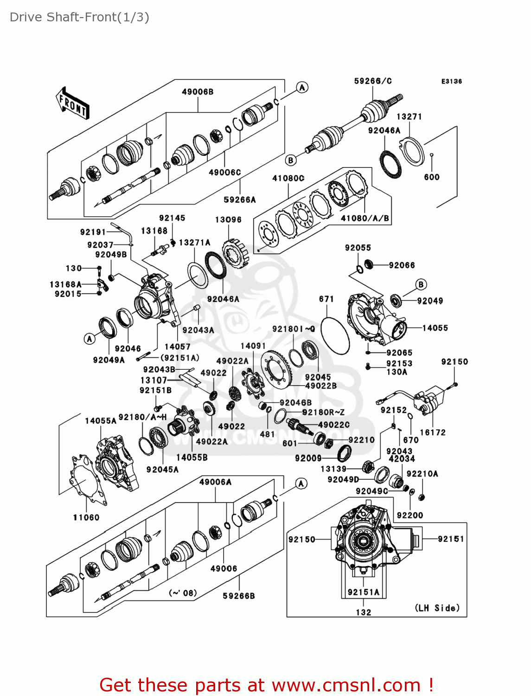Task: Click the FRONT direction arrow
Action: pyautogui.click(x=73, y=103)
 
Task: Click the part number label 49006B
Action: pyautogui.click(x=198, y=92)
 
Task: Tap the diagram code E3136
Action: pyautogui.click(x=451, y=81)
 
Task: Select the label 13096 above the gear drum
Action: pyautogui.click(x=228, y=219)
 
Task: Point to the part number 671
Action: pyautogui.click(x=326, y=299)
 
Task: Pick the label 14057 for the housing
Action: pyautogui.click(x=177, y=346)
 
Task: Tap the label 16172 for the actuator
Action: pyautogui.click(x=432, y=432)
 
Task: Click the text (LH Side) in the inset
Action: pyautogui.click(x=437, y=608)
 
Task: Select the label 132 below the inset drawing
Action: pyautogui.click(x=364, y=612)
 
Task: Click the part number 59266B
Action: pyautogui.click(x=239, y=595)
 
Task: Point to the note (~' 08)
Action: pyautogui.click(x=183, y=593)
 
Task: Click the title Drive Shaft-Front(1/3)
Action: pyautogui.click(x=79, y=17)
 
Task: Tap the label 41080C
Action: pyautogui.click(x=288, y=178)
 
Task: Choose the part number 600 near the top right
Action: pyautogui.click(x=431, y=177)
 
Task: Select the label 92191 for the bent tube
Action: pyautogui.click(x=93, y=232)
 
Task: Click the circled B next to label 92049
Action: pyautogui.click(x=421, y=284)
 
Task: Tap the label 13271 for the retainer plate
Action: pyautogui.click(x=409, y=116)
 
